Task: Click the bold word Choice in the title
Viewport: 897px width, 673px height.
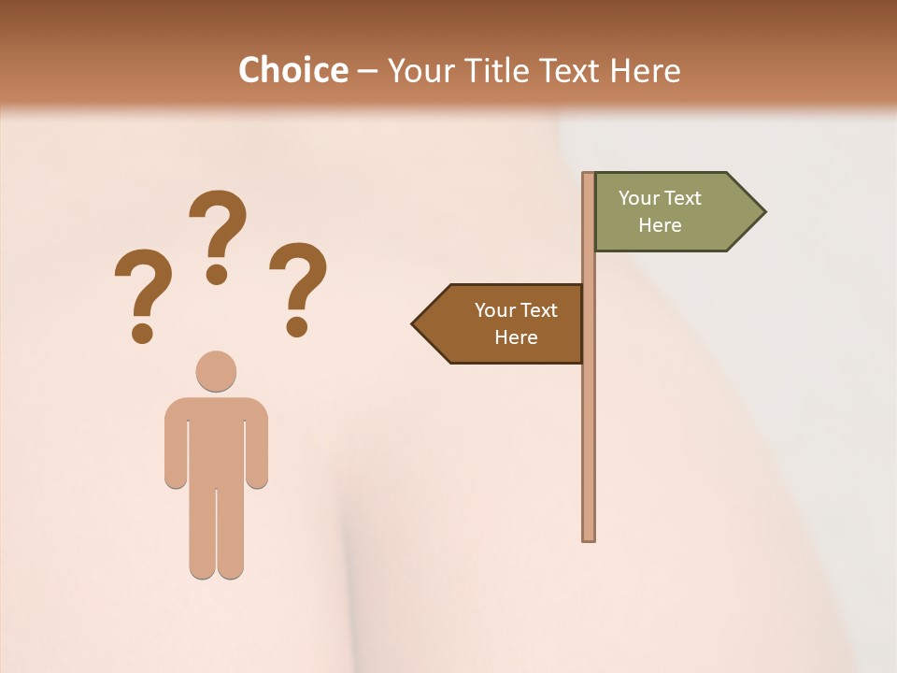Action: click(x=292, y=70)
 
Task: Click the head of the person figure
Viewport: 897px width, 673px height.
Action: click(x=216, y=371)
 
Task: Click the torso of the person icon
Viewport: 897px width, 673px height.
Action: click(x=216, y=439)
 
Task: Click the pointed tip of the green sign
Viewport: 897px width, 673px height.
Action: click(x=762, y=212)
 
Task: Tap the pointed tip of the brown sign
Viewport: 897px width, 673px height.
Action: click(x=416, y=324)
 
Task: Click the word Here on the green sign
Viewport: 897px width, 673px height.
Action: click(x=660, y=225)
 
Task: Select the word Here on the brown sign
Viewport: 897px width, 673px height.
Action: click(x=516, y=337)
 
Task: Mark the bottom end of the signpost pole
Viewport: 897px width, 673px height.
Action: click(x=589, y=537)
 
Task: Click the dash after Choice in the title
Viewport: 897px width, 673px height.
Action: click(x=367, y=72)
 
